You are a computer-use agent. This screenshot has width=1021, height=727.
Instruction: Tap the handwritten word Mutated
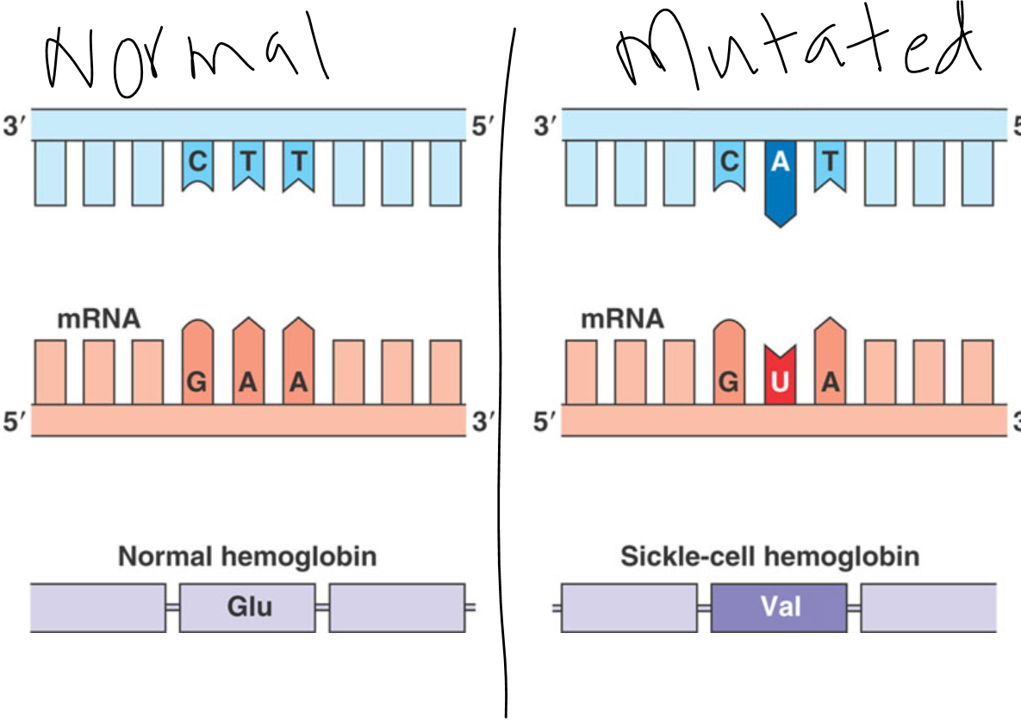pos(799,47)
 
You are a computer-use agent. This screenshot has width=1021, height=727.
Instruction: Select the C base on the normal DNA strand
pos(198,166)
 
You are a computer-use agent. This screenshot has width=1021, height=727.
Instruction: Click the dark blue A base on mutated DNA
pos(780,183)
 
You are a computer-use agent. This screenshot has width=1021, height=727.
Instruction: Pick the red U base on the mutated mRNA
pos(780,375)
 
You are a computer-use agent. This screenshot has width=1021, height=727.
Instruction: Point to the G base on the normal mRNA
pos(197,362)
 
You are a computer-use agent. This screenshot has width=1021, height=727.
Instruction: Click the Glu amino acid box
pos(247,608)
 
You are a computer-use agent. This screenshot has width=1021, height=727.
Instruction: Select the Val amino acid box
pos(779,608)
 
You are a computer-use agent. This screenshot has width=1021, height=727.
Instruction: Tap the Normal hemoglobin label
pos(247,556)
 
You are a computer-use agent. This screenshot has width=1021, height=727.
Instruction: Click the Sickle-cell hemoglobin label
pos(769,556)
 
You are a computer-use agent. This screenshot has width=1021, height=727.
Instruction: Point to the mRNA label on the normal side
pos(99,319)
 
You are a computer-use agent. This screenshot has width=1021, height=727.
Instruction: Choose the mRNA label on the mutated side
pos(622,319)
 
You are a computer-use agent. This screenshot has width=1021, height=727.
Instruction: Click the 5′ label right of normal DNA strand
pos(482,126)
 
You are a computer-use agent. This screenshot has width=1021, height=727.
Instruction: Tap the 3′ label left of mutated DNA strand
pos(545,126)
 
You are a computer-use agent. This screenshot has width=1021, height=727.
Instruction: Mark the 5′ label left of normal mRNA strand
pos(15,422)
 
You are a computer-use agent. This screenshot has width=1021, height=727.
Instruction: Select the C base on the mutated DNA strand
pos(729,166)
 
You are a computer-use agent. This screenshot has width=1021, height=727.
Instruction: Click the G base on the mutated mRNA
pos(729,362)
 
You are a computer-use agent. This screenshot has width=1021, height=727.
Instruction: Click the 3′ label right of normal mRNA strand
pos(482,422)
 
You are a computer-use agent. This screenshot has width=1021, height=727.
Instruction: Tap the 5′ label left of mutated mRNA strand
pos(545,422)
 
